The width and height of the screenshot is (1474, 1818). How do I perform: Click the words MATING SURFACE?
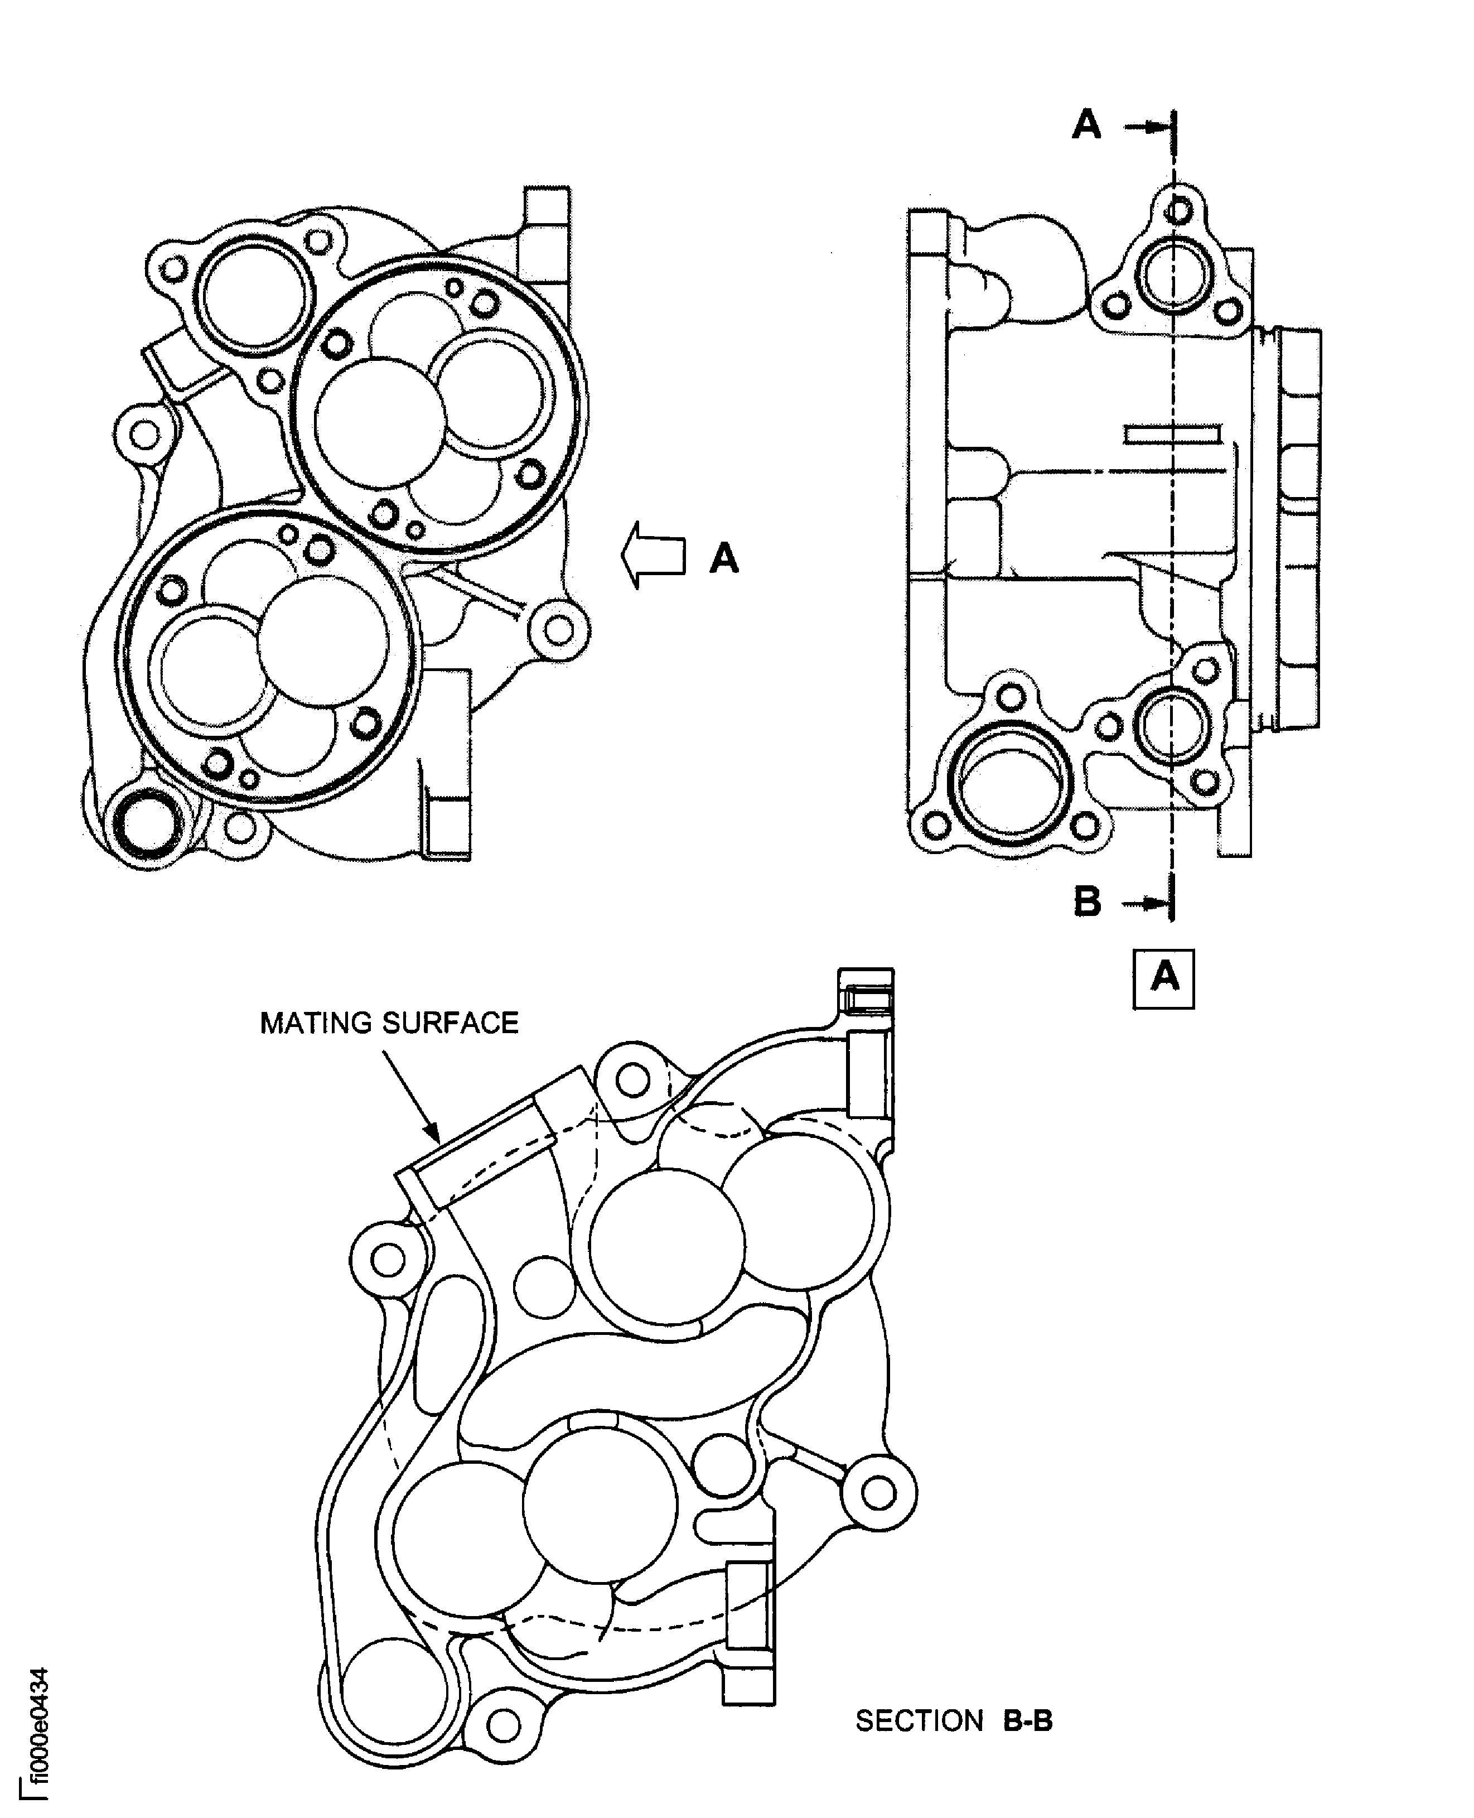pyautogui.click(x=389, y=1023)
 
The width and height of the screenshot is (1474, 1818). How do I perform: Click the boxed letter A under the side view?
pyautogui.click(x=1163, y=978)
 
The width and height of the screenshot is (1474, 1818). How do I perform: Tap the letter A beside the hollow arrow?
pyautogui.click(x=724, y=559)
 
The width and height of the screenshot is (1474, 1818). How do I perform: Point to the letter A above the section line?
pyautogui.click(x=1087, y=125)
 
